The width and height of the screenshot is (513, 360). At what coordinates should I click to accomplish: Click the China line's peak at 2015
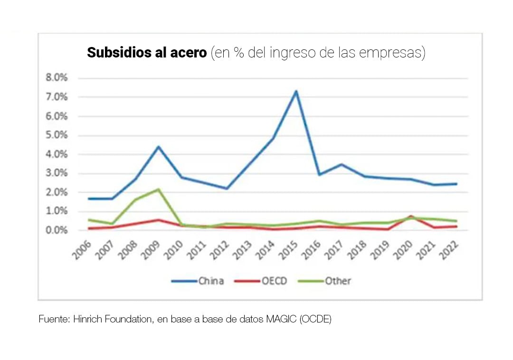[295, 91]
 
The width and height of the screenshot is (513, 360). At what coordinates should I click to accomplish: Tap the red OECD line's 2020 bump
[410, 217]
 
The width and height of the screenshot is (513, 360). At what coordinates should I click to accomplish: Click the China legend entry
[198, 281]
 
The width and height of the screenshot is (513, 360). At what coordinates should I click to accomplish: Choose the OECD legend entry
[261, 281]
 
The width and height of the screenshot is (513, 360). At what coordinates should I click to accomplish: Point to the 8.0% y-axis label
[57, 78]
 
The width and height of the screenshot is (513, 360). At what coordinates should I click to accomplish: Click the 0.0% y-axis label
[57, 230]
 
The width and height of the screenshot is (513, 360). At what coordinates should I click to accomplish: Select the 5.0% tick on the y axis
[57, 135]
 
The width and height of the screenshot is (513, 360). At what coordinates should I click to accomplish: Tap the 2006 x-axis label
[82, 250]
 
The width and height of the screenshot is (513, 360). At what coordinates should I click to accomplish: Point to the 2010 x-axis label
[173, 250]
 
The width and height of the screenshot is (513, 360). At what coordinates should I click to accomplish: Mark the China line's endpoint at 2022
[456, 183]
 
